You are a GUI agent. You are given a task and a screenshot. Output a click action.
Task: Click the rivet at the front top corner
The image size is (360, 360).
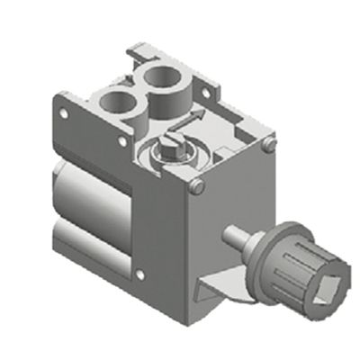coord(199,186)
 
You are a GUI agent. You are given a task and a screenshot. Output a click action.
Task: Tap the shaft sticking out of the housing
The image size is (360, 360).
coord(239,238)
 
